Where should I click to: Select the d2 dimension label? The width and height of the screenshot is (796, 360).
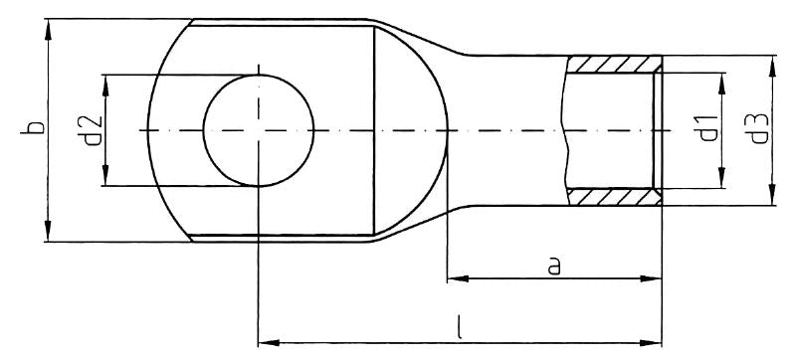(x=90, y=130)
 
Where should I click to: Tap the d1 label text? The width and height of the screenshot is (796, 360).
(x=707, y=129)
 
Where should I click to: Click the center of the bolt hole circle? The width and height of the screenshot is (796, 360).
(x=258, y=130)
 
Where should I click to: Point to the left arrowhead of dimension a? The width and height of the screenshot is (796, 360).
(x=454, y=279)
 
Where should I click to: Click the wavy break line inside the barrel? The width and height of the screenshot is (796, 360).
(x=564, y=130)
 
